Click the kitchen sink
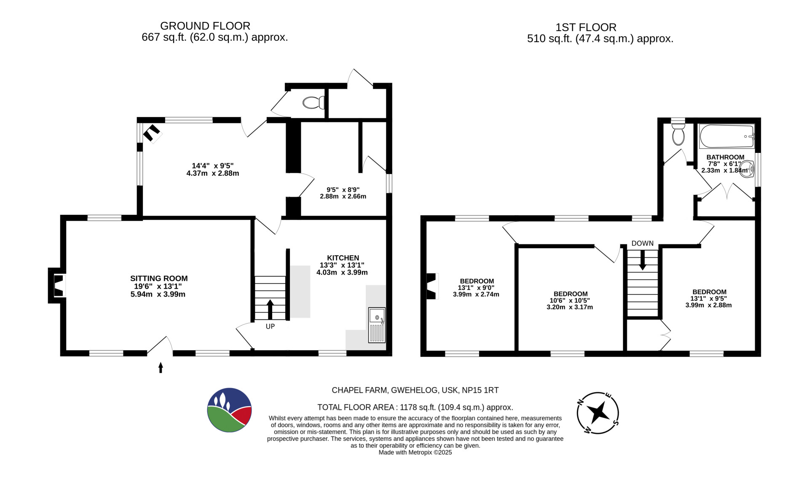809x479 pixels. (x=377, y=325)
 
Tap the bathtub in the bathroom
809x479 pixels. (x=727, y=136)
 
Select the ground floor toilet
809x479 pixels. (x=314, y=102)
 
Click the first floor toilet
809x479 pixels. (x=678, y=132)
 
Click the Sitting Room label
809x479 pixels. (x=159, y=278)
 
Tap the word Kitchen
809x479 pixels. (x=343, y=258)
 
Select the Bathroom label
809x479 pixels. (x=726, y=157)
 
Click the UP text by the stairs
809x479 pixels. (x=270, y=326)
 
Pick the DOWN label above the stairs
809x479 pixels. (x=643, y=244)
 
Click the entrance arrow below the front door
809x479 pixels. (x=161, y=368)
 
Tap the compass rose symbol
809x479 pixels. (x=598, y=413)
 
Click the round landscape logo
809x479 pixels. (x=230, y=410)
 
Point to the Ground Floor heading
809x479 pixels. (x=205, y=26)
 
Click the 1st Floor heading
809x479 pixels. (x=586, y=27)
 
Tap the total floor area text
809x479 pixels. (x=415, y=407)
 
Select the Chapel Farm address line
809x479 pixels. (x=415, y=390)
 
